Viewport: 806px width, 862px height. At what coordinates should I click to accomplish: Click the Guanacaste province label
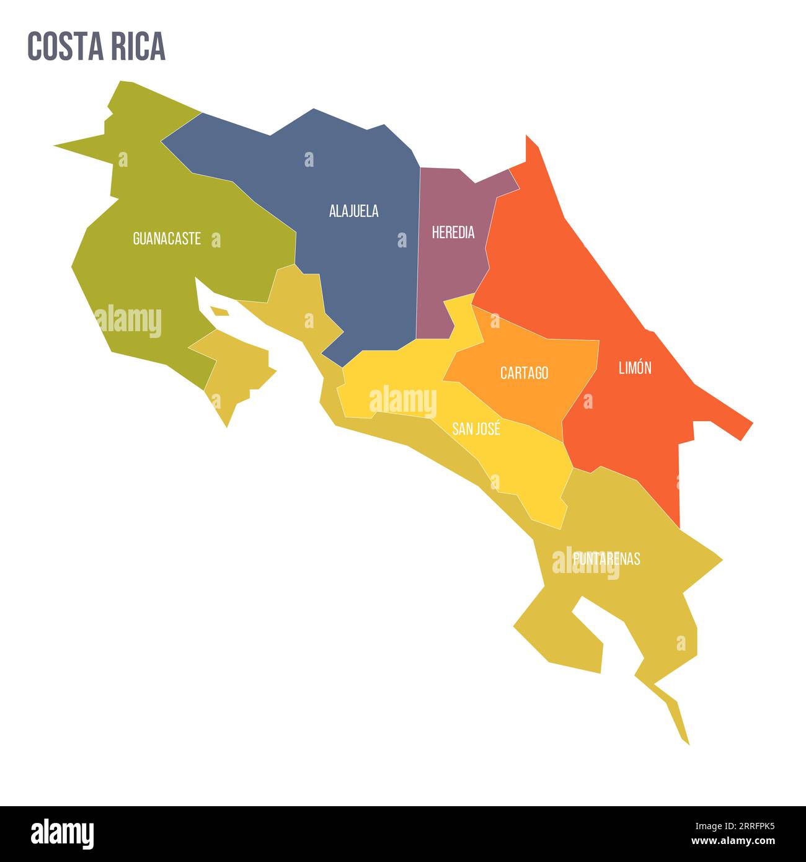click(167, 239)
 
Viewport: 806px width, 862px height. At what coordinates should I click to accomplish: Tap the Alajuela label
click(353, 211)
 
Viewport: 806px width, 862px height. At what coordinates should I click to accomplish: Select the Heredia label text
click(453, 233)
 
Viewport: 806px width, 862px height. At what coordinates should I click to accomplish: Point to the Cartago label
click(524, 373)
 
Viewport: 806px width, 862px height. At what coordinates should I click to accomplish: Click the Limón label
click(635, 368)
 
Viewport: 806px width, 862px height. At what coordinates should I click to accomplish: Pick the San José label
click(476, 429)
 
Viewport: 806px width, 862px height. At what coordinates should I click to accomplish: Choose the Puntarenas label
click(606, 559)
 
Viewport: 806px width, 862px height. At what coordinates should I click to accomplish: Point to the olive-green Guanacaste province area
click(143, 291)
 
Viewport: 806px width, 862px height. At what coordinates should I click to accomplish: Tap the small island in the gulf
click(219, 311)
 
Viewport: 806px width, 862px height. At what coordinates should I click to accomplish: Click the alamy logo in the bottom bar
click(62, 833)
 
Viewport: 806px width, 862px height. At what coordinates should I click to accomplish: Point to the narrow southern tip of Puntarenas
click(679, 719)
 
